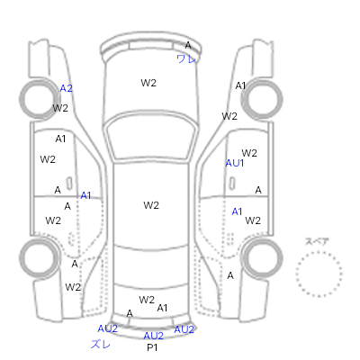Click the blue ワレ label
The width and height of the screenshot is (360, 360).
pyautogui.click(x=186, y=58)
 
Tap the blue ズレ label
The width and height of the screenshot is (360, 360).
pyautogui.click(x=101, y=344)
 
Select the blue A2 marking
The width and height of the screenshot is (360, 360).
pyautogui.click(x=67, y=88)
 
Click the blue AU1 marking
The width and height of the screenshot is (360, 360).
pyautogui.click(x=235, y=163)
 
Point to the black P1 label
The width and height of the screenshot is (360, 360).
pyautogui.click(x=152, y=347)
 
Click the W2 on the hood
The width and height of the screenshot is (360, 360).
pyautogui.click(x=148, y=83)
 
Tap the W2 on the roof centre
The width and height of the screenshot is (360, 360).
pyautogui.click(x=151, y=205)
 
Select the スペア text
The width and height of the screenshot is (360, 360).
pyautogui.click(x=317, y=241)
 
